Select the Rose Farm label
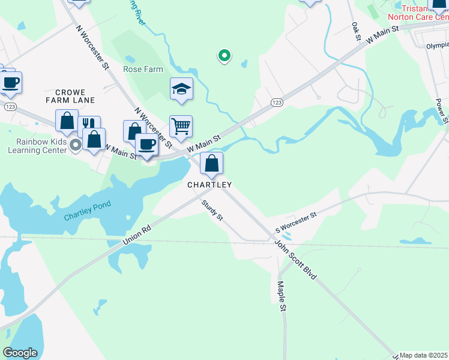click(x=143, y=69)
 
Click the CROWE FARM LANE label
click(x=75, y=96)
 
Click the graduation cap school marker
click(x=181, y=89)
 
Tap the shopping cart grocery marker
click(x=181, y=126)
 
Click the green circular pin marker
click(x=224, y=56)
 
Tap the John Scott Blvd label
click(x=295, y=260)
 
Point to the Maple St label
click(x=280, y=296)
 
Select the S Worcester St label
click(x=296, y=221)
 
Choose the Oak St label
click(x=356, y=32)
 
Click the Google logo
click(x=20, y=353)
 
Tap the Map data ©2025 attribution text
click(x=424, y=355)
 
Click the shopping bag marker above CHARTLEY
click(x=211, y=163)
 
